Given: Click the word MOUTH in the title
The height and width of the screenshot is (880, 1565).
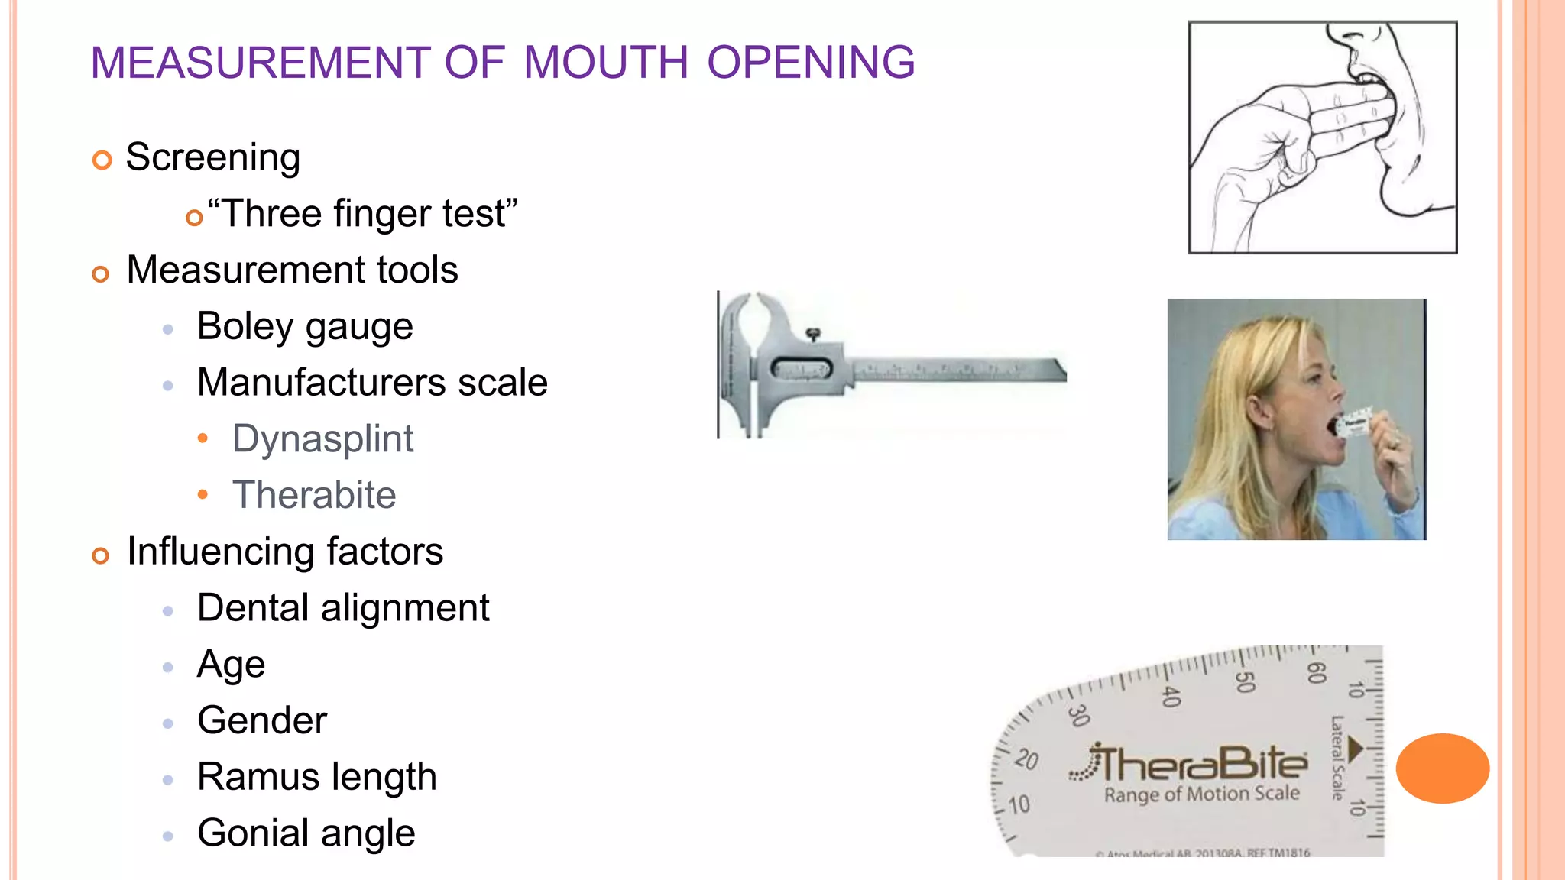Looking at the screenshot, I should pyautogui.click(x=606, y=63).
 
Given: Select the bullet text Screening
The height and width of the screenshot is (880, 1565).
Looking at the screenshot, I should pyautogui.click(x=212, y=157).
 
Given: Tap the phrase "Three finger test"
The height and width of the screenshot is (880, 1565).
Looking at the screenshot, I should pyautogui.click(x=363, y=213).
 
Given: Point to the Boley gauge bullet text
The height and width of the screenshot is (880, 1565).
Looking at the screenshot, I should pyautogui.click(x=305, y=327).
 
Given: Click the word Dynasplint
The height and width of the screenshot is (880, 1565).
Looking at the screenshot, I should pyautogui.click(x=322, y=439).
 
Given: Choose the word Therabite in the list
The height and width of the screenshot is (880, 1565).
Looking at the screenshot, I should pyautogui.click(x=314, y=495).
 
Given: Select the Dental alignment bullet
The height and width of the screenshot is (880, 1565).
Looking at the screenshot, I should pyautogui.click(x=343, y=608).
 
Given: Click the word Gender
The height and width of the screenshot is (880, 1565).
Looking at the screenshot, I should pyautogui.click(x=262, y=720).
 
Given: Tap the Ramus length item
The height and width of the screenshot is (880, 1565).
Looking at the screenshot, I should pyautogui.click(x=316, y=777).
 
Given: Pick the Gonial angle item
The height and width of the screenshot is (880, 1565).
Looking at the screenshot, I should pyautogui.click(x=306, y=833).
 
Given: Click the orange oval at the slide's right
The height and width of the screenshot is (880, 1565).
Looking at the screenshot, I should pyautogui.click(x=1442, y=768).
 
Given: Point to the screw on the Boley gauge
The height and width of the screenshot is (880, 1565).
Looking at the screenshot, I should pyautogui.click(x=814, y=334).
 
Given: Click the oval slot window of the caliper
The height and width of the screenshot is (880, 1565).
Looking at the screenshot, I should pyautogui.click(x=801, y=369).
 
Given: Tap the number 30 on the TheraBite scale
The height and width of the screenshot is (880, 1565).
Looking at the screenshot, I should pyautogui.click(x=1078, y=715).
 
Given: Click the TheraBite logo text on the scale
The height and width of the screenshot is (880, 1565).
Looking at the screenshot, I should pyautogui.click(x=1200, y=763).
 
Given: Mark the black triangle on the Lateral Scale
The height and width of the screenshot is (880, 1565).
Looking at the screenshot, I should pyautogui.click(x=1355, y=749).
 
